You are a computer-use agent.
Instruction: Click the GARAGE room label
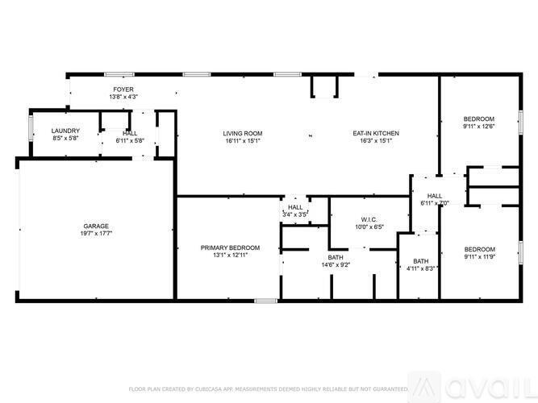pyautogui.click(x=96, y=226)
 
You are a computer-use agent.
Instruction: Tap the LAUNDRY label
pyautogui.click(x=64, y=131)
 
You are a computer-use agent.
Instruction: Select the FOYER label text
pyautogui.click(x=123, y=89)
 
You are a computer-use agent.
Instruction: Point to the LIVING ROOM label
pyautogui.click(x=243, y=133)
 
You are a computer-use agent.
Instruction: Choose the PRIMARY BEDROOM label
pyautogui.click(x=231, y=247)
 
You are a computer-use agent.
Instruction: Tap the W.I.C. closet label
pyautogui.click(x=369, y=219)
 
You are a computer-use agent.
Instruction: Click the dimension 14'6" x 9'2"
pyautogui.click(x=335, y=265)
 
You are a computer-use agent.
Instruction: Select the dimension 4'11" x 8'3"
pyautogui.click(x=421, y=268)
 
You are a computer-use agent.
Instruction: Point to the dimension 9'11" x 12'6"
pyautogui.click(x=479, y=126)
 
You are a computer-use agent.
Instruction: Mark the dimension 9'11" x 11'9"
pyautogui.click(x=479, y=256)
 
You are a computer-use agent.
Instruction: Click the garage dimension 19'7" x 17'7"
pyautogui.click(x=96, y=233)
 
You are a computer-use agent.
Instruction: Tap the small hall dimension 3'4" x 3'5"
pyautogui.click(x=294, y=214)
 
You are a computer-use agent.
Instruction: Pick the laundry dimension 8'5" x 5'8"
pyautogui.click(x=64, y=138)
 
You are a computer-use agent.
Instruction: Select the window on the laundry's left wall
pyautogui.click(x=31, y=129)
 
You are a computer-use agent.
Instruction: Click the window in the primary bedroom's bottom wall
pyautogui.click(x=265, y=301)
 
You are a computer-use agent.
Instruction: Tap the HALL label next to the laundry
pyautogui.click(x=130, y=133)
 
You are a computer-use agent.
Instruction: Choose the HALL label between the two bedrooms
pyautogui.click(x=435, y=196)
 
